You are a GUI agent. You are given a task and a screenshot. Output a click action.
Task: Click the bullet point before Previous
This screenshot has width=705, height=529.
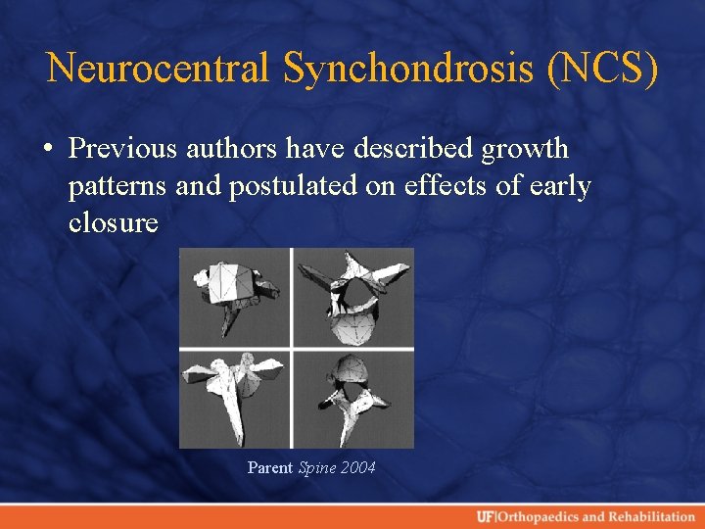click(x=48, y=150)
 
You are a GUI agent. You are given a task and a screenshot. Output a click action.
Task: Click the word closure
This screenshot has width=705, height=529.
click(x=114, y=222)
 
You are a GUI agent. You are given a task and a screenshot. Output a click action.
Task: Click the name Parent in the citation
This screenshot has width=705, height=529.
click(x=270, y=468)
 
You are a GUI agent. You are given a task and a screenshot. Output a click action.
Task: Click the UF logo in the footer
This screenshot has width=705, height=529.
click(x=486, y=516)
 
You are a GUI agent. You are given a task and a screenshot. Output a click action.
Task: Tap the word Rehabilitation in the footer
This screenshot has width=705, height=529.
click(x=651, y=516)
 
